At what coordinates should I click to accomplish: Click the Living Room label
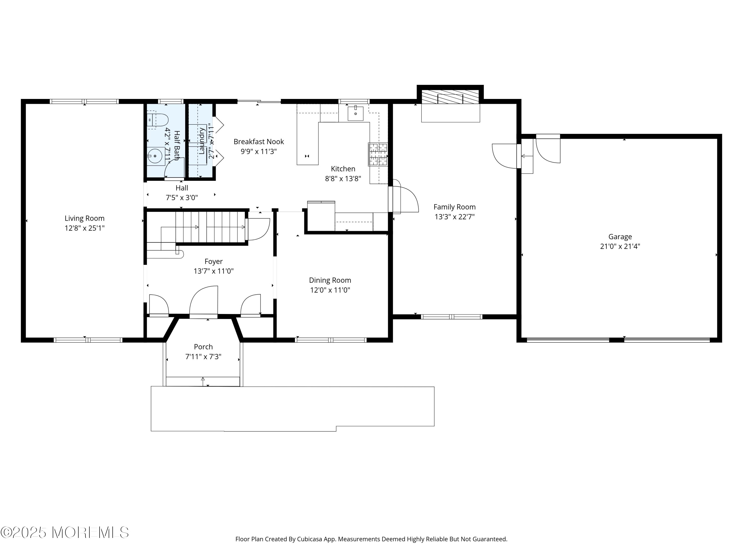click(85, 218)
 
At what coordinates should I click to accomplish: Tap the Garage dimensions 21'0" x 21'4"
click(620, 246)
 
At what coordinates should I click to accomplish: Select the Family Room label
click(454, 207)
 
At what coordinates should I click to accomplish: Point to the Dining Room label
click(330, 280)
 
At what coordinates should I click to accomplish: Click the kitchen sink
click(355, 113)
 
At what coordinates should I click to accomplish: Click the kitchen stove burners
click(378, 155)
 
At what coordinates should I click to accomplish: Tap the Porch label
click(203, 347)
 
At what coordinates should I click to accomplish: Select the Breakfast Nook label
click(259, 142)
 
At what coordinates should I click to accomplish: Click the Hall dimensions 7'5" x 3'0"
click(182, 197)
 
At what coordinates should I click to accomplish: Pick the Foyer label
click(214, 261)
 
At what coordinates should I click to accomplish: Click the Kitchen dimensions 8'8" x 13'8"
click(343, 179)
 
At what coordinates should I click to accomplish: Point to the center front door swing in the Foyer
click(204, 300)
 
